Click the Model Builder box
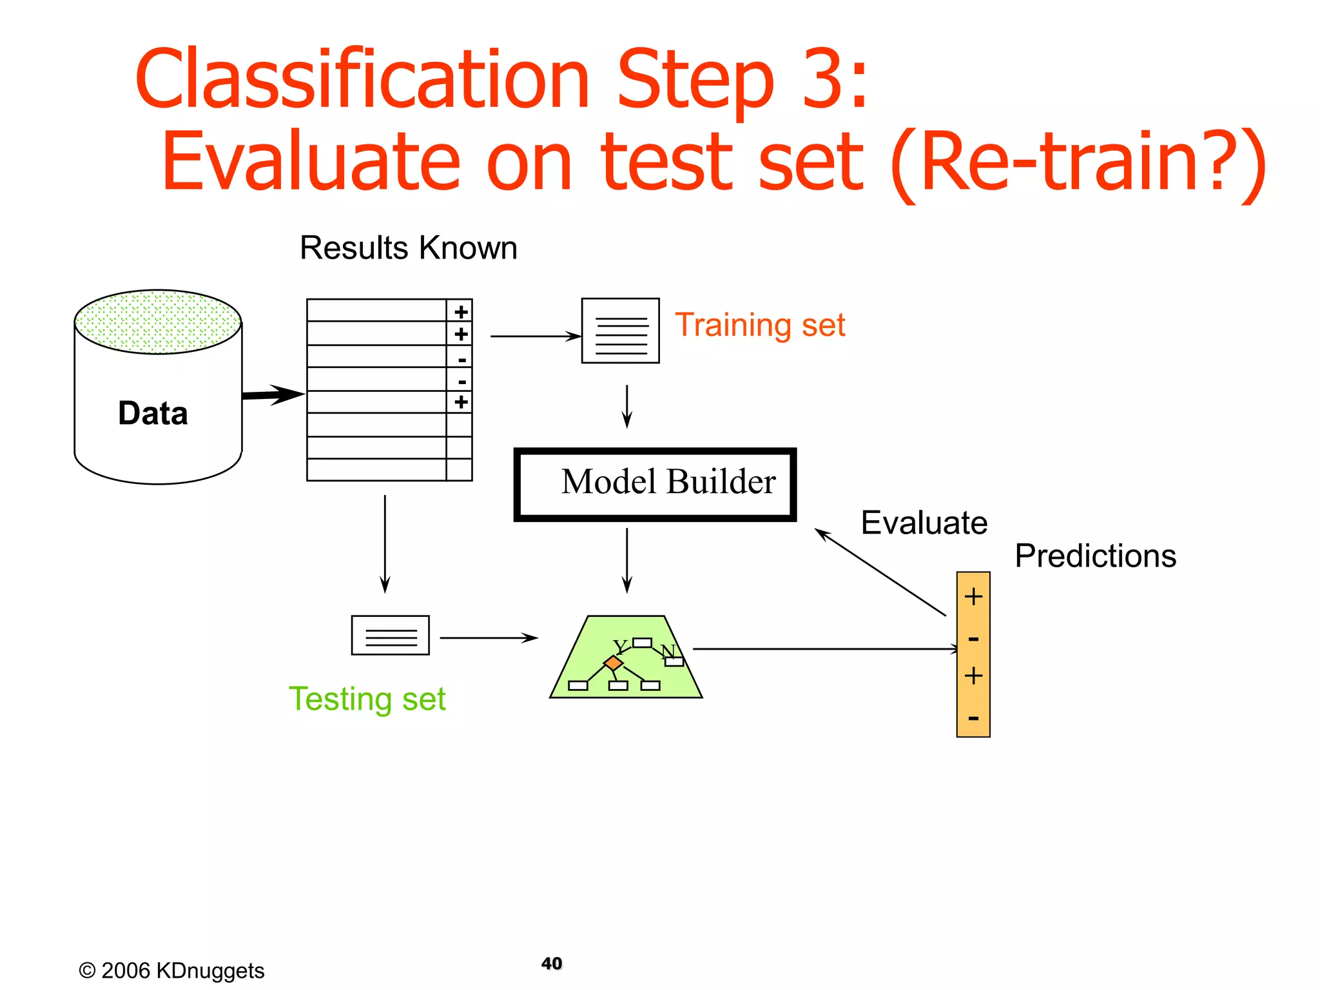click(654, 484)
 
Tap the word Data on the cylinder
click(153, 413)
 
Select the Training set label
click(759, 325)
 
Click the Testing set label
click(367, 699)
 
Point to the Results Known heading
click(408, 248)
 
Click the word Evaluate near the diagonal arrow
click(924, 523)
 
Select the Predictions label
click(1095, 556)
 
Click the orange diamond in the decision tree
click(613, 663)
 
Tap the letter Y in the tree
click(620, 646)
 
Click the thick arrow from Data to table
click(272, 394)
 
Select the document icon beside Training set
click(620, 331)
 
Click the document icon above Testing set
click(390, 636)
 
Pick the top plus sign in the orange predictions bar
click(973, 597)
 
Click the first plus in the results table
click(461, 312)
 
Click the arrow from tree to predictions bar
click(825, 649)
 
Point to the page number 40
click(552, 964)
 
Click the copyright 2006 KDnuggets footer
click(171, 971)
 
